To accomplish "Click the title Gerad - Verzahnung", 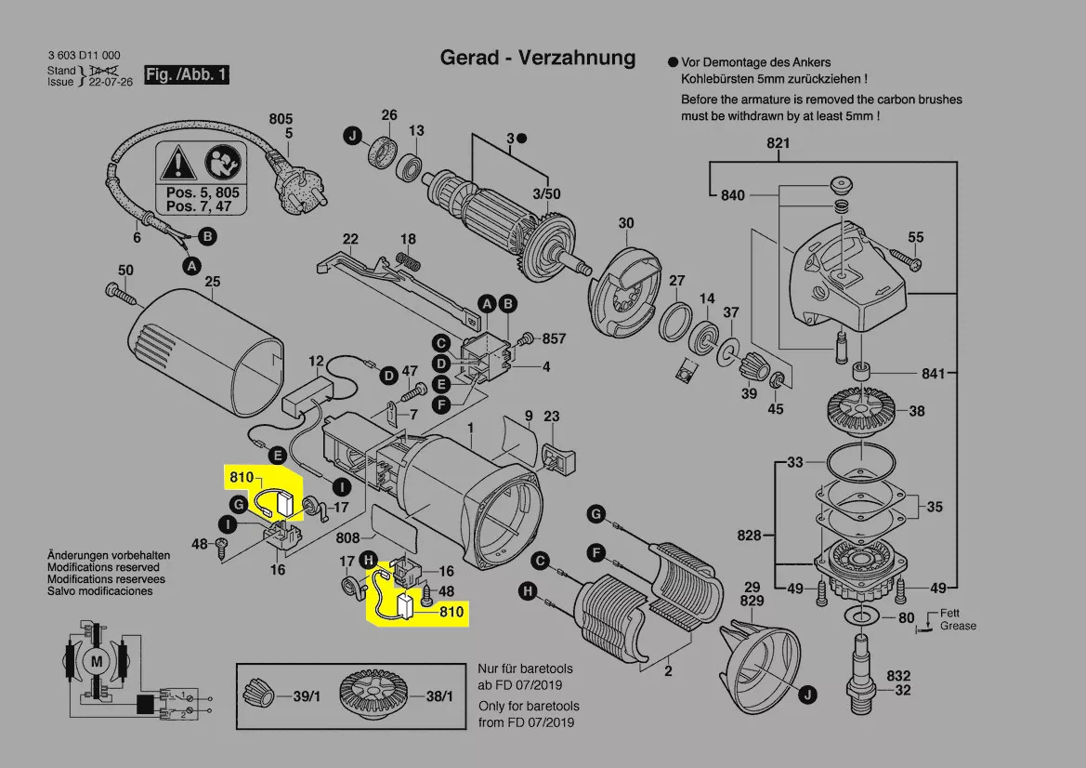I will coord(537,59).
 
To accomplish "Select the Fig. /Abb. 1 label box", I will coord(186,74).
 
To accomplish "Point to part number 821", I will coord(778,143).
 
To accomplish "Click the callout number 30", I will coord(626,223).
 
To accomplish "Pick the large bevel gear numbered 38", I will coord(854,409).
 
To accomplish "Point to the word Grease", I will coord(958,626).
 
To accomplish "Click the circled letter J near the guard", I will coord(808,694).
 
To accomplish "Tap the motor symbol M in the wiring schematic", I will coord(95,660).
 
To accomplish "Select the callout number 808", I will coord(347,538).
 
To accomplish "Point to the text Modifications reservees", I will coord(106,578).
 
